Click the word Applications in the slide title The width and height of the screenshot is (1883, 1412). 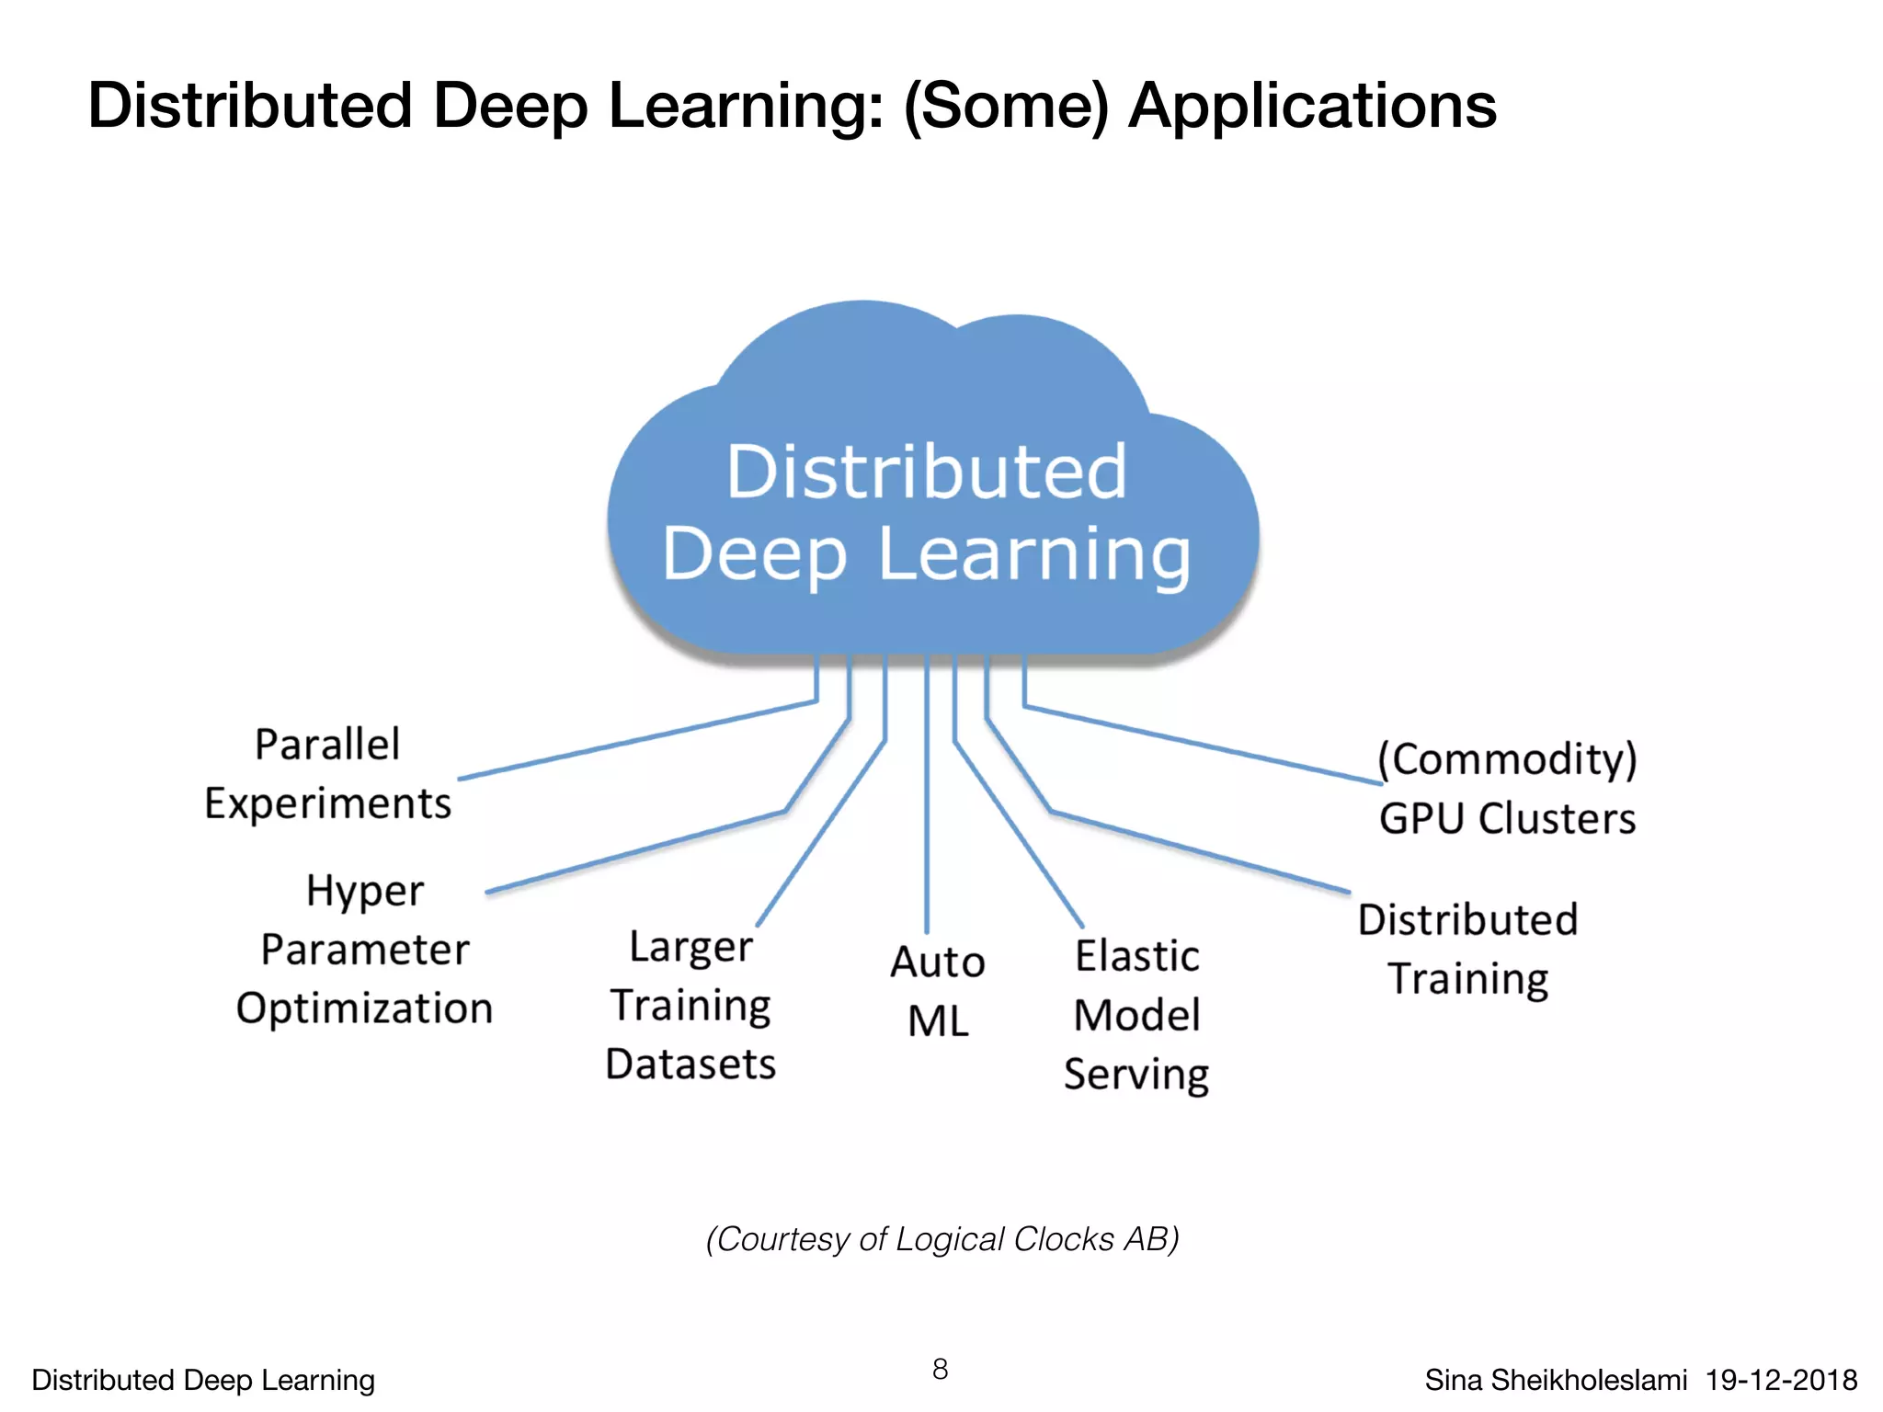click(x=1312, y=107)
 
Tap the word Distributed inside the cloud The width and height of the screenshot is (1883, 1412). click(x=926, y=472)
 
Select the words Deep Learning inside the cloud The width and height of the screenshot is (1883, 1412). click(x=927, y=554)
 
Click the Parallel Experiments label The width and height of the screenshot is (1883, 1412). click(x=328, y=774)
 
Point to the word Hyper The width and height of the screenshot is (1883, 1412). click(x=365, y=891)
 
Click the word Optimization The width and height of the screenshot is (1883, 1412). click(x=365, y=1008)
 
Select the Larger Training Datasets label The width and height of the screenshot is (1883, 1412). click(x=690, y=1005)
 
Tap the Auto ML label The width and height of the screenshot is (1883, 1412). click(x=938, y=991)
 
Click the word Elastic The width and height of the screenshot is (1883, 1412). click(x=1137, y=957)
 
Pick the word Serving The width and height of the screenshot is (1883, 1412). click(x=1136, y=1075)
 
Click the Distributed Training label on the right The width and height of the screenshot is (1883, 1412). click(x=1467, y=949)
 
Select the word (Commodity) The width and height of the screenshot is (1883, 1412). click(x=1507, y=759)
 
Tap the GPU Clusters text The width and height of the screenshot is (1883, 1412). click(x=1507, y=818)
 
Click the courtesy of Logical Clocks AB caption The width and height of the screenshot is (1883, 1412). click(x=942, y=1239)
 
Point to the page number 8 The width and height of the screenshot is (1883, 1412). click(x=940, y=1369)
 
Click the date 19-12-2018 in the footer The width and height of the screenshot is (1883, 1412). click(x=1781, y=1380)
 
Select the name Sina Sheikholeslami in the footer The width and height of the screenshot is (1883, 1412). click(x=1556, y=1380)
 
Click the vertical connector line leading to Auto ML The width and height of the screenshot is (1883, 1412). click(x=927, y=809)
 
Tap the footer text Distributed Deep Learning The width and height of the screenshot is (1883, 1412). click(x=203, y=1380)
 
